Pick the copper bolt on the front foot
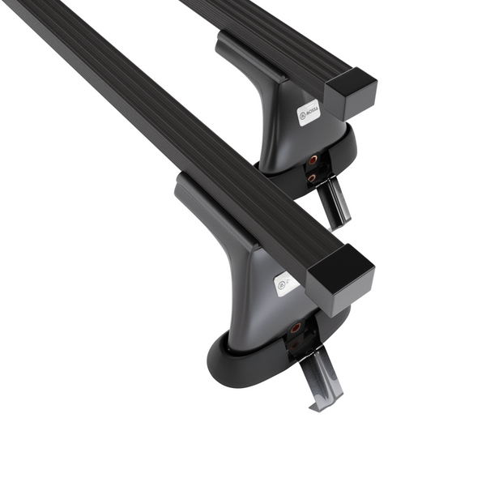[296, 328]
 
